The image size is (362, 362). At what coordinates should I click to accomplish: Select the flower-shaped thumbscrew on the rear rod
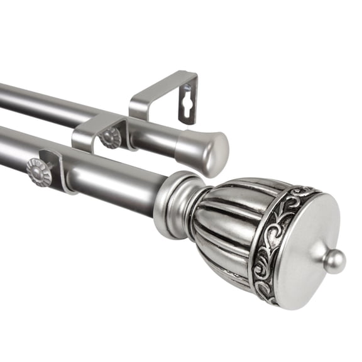click(111, 136)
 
